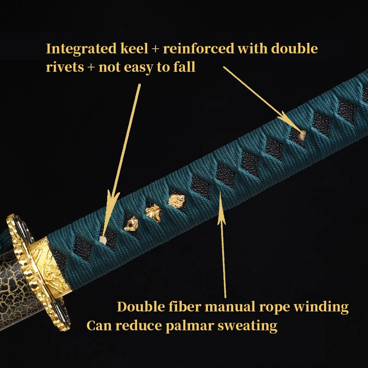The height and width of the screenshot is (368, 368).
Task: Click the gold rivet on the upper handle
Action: pos(301,134)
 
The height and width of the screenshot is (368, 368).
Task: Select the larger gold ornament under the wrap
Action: pos(176,201)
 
